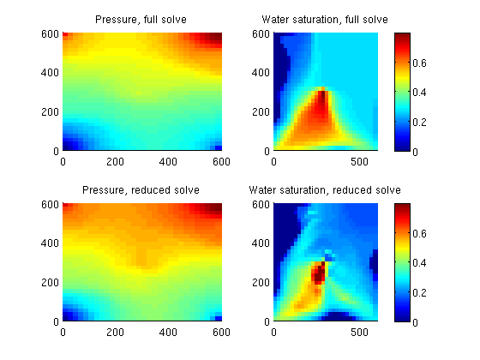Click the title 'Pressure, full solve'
(141, 20)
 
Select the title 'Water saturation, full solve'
(325, 20)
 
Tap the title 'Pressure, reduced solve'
(141, 190)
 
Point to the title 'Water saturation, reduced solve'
(325, 190)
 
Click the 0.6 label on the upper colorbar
(419, 63)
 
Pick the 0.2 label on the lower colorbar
(419, 292)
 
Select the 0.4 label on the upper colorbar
(419, 93)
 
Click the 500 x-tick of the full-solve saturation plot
(359, 162)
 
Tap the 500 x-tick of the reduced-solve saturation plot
(359, 333)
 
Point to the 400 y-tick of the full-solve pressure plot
(50, 73)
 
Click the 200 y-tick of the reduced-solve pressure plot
(50, 282)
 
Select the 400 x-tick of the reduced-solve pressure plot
(168, 333)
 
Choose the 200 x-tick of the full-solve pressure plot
(116, 162)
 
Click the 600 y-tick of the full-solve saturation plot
(261, 33)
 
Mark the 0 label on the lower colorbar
(415, 322)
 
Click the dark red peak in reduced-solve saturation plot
(319, 273)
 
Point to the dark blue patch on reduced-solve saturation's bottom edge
(339, 316)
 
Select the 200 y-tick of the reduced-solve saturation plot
(261, 282)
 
